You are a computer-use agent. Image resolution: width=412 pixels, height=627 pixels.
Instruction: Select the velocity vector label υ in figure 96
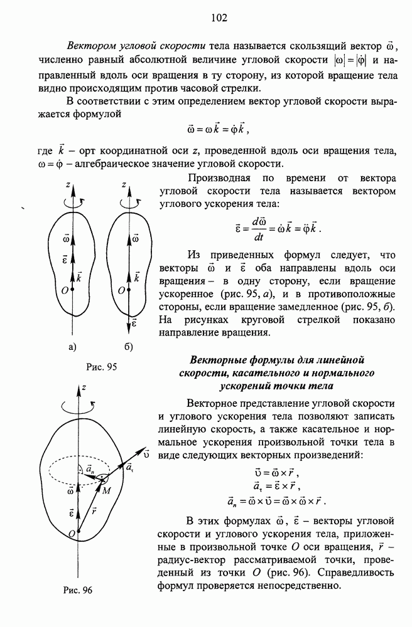(146, 451)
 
